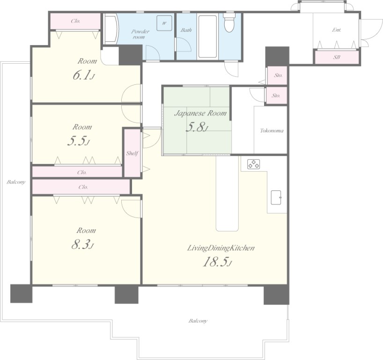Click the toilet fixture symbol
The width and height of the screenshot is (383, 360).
[229, 22]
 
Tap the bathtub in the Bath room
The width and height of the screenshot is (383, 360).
[207, 37]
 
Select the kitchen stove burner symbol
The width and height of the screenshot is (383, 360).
[254, 164]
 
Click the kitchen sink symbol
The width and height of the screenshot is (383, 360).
[276, 197]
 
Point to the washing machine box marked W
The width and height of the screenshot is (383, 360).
[164, 23]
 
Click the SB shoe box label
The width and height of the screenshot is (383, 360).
[337, 57]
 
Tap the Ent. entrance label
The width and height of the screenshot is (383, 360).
[337, 30]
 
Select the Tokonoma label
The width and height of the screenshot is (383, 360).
[272, 131]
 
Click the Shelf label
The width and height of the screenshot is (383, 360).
[132, 153]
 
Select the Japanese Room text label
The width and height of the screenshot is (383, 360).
[200, 113]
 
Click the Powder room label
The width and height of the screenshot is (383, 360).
[140, 34]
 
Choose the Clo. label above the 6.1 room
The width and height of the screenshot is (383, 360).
[75, 21]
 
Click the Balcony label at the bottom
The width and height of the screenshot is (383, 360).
[198, 321]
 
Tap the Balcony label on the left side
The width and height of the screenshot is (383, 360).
[16, 182]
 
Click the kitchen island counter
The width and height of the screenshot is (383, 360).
[227, 194]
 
